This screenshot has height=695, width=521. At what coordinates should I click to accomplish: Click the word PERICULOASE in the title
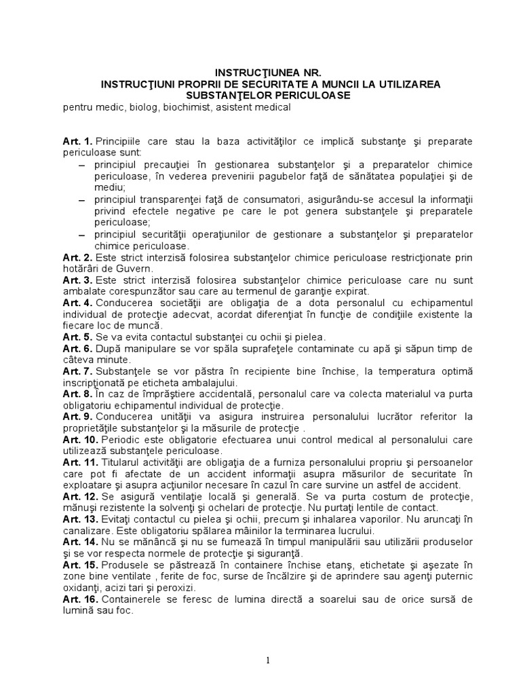tap(314, 96)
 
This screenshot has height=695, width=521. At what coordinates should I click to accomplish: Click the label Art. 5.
tap(78, 337)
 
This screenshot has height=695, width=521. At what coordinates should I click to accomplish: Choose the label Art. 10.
tap(81, 440)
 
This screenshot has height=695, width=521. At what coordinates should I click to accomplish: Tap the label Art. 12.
tap(81, 497)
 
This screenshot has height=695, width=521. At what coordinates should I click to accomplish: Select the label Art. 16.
tap(81, 599)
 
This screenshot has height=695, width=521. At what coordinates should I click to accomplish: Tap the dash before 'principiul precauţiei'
tap(82, 165)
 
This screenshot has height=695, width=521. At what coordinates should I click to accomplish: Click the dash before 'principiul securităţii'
tap(82, 234)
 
